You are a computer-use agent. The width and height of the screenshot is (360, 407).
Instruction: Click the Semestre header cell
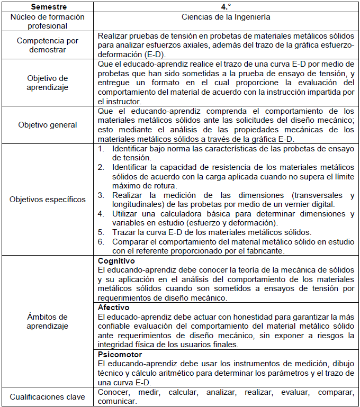point(48,7)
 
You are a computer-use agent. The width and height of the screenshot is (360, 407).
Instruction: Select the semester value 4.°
point(226,7)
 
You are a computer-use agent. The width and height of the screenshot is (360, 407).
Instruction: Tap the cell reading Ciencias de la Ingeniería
point(226,17)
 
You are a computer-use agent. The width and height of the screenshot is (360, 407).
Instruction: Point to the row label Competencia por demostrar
point(48,45)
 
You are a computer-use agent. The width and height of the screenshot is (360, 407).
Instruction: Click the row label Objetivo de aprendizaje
point(48,83)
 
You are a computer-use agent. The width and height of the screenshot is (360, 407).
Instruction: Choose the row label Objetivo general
point(48,125)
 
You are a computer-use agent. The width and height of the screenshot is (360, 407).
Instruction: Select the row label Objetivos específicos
point(48,200)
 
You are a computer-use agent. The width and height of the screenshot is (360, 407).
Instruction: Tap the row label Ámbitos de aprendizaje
point(48,321)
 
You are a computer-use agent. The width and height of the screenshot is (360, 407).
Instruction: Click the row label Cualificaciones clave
point(48,397)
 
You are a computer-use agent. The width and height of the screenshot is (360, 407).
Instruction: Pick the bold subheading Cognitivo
point(116,261)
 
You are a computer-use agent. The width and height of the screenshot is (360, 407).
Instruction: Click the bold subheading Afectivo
point(113,307)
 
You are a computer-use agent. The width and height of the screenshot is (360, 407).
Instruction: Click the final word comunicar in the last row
point(116,402)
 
